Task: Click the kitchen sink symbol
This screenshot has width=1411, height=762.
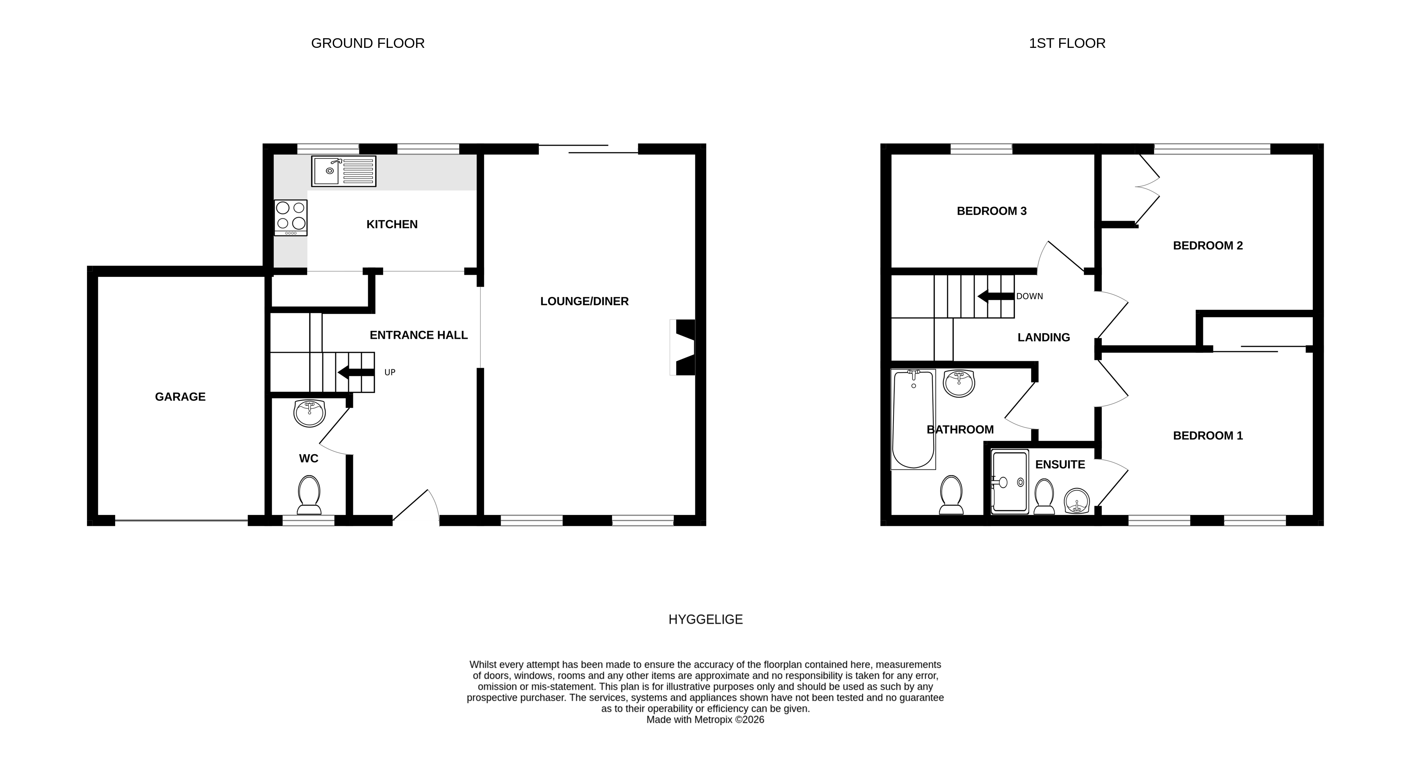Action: pyautogui.click(x=343, y=171)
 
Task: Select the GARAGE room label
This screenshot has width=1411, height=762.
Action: pyautogui.click(x=180, y=397)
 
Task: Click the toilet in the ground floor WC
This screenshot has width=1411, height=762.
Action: pyautogui.click(x=309, y=495)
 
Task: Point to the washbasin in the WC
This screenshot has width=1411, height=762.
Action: pyautogui.click(x=309, y=413)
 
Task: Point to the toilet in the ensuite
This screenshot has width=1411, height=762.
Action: pyautogui.click(x=1044, y=496)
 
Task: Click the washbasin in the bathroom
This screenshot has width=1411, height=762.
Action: pyautogui.click(x=959, y=383)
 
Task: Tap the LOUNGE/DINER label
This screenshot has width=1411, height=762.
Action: pyautogui.click(x=584, y=301)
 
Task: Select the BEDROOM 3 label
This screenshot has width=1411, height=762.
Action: pyautogui.click(x=991, y=211)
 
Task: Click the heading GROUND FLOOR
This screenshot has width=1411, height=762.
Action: pyautogui.click(x=367, y=43)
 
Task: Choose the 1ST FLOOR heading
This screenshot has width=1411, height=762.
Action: pyautogui.click(x=1067, y=43)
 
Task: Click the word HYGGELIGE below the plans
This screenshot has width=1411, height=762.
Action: pyautogui.click(x=705, y=620)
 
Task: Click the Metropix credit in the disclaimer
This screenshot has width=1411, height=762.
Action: pyautogui.click(x=705, y=720)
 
